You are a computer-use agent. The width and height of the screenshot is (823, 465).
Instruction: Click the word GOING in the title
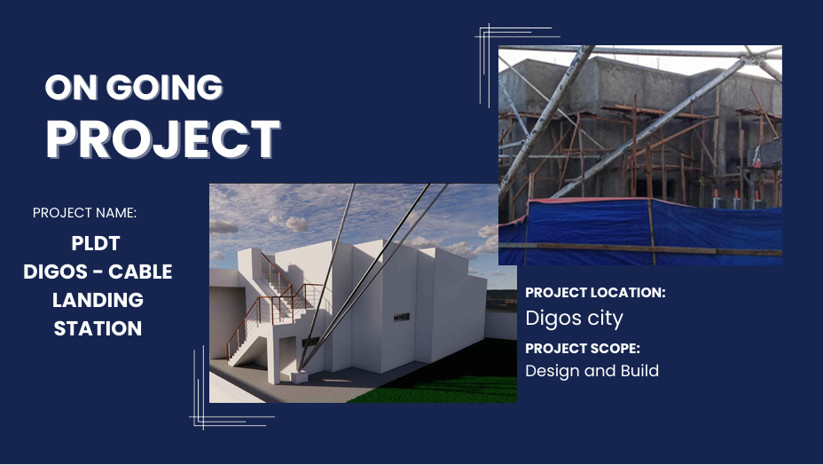165,87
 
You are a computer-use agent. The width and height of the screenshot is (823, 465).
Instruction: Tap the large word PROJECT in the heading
163,138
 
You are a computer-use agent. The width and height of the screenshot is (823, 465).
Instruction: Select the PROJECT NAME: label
84,213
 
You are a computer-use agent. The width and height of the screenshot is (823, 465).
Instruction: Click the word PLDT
96,243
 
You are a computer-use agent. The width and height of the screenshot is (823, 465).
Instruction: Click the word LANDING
98,300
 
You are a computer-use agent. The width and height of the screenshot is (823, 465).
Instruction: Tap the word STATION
98,328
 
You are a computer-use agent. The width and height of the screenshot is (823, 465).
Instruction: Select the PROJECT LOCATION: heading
595,293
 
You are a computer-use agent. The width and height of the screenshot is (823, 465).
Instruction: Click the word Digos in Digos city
553,319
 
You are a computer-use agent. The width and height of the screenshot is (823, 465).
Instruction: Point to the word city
605,319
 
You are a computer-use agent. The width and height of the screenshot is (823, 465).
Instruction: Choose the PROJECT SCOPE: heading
583,349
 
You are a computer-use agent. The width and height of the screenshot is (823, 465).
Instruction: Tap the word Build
639,370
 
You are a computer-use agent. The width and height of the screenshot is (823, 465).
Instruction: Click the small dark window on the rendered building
402,317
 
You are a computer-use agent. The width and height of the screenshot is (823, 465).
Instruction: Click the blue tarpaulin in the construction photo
640,232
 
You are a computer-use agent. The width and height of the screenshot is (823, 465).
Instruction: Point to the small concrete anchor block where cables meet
300,377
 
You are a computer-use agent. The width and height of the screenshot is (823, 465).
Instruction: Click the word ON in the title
71,87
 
